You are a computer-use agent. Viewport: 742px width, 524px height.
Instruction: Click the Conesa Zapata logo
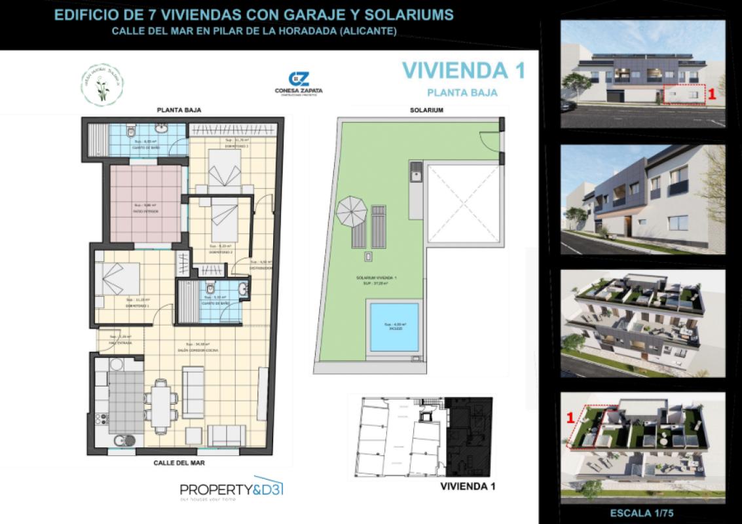(x=299, y=84)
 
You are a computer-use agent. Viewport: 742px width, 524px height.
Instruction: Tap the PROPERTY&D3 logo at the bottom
(x=231, y=489)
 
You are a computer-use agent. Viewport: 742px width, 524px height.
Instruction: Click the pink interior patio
(x=144, y=204)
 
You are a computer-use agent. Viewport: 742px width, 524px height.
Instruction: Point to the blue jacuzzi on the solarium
(x=393, y=326)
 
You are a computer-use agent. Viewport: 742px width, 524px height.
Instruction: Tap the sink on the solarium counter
(x=415, y=174)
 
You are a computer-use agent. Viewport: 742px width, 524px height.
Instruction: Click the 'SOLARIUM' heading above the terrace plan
(x=426, y=110)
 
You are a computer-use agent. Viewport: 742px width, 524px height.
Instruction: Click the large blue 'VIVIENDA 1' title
(x=462, y=70)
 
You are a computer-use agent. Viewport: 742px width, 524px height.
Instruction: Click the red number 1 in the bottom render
(x=570, y=417)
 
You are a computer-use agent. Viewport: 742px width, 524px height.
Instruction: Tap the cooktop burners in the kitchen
(x=102, y=417)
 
